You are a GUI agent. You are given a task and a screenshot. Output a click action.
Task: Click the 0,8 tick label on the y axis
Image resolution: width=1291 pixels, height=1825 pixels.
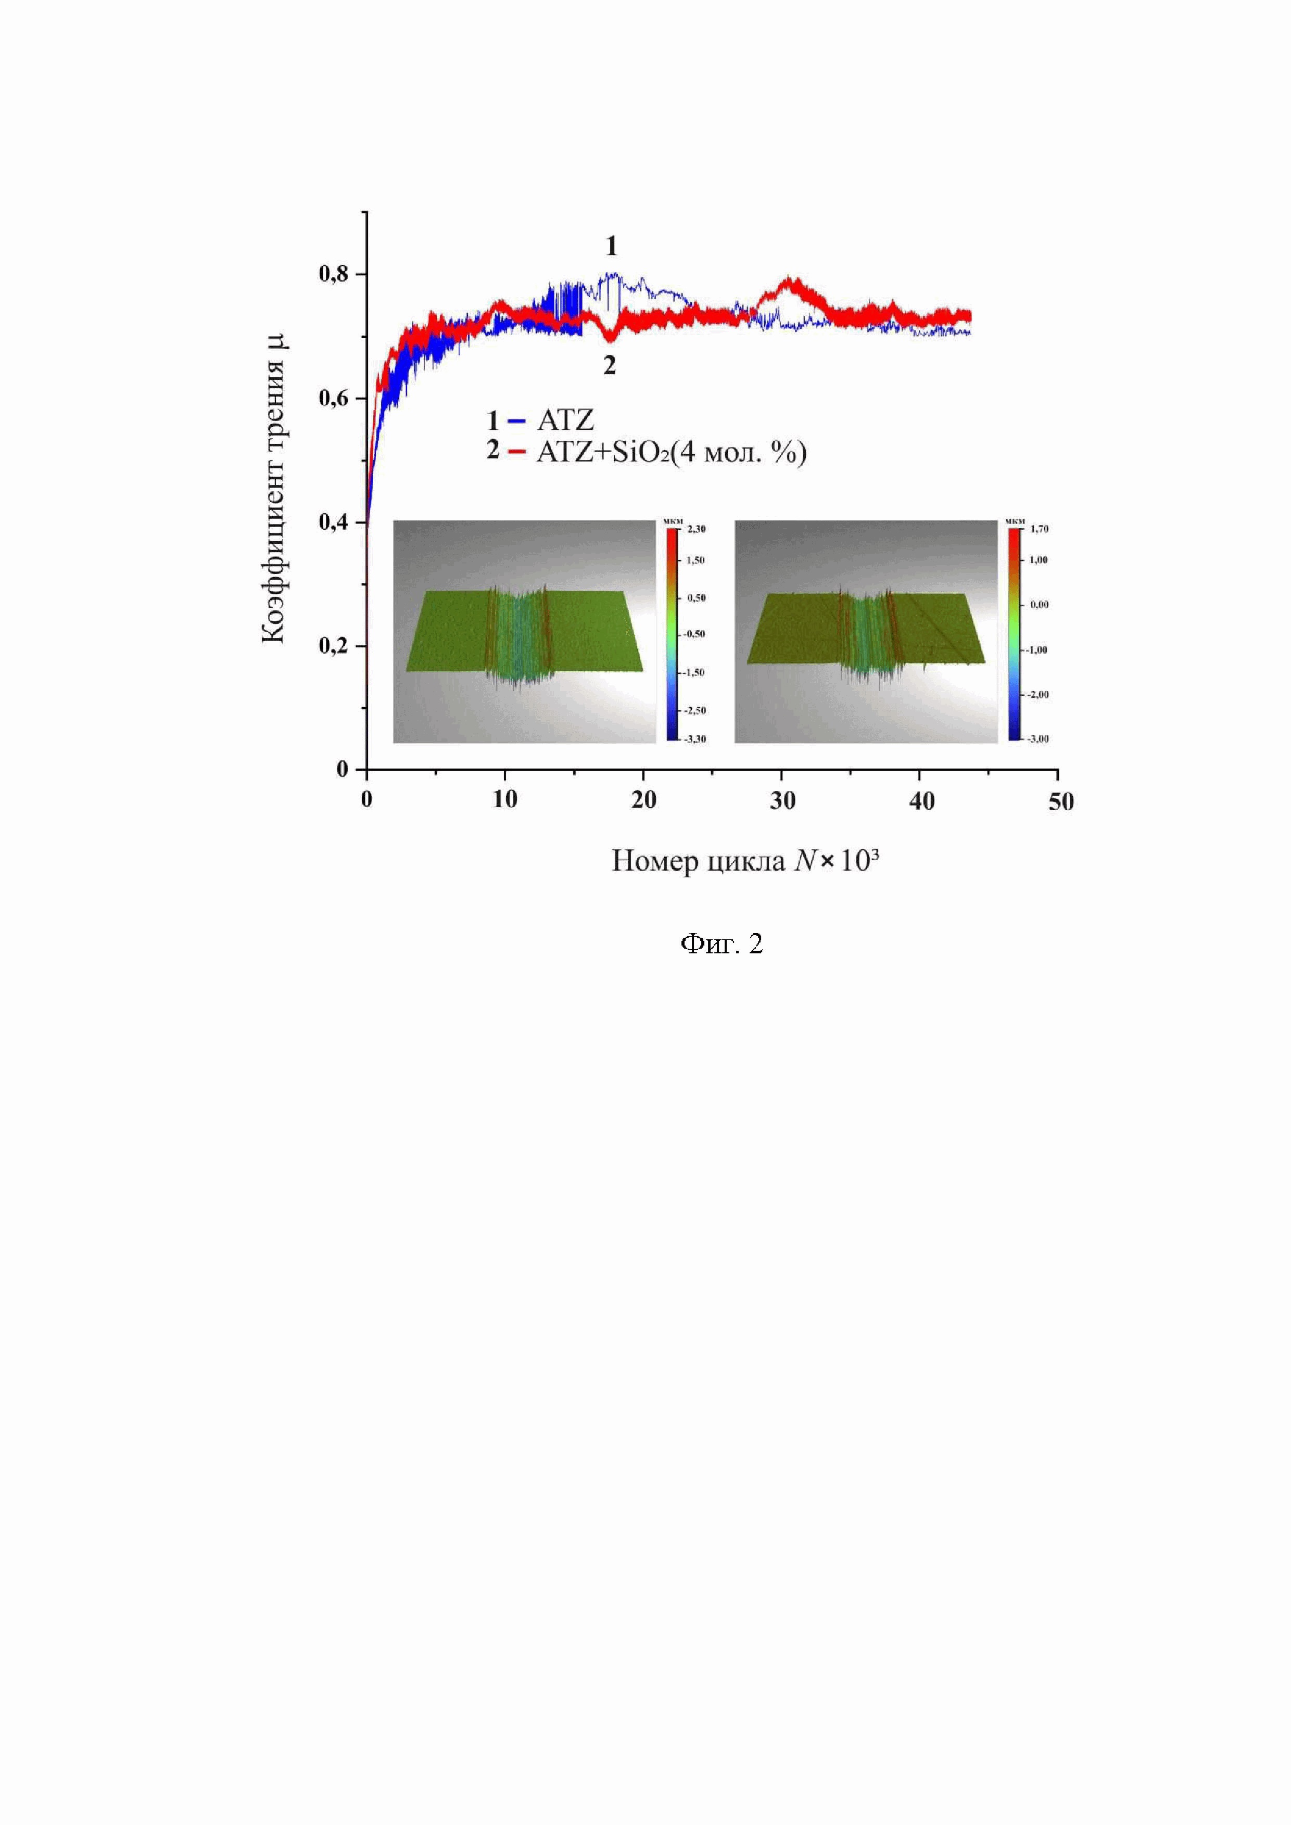pyautogui.click(x=333, y=274)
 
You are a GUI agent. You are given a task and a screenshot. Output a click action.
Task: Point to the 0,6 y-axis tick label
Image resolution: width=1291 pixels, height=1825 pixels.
pyautogui.click(x=333, y=398)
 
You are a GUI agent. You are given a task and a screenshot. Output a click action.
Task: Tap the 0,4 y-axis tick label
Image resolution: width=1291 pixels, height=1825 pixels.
pyautogui.click(x=333, y=522)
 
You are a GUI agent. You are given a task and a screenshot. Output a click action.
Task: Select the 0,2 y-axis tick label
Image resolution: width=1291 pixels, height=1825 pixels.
pyautogui.click(x=333, y=645)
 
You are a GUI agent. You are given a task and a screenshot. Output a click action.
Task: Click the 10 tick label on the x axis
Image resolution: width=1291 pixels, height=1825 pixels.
pyautogui.click(x=505, y=800)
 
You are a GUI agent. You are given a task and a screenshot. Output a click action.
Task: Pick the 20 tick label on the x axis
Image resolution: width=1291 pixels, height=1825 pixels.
pyautogui.click(x=644, y=800)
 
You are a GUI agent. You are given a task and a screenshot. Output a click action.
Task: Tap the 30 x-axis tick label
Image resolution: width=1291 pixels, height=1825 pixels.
pyautogui.click(x=783, y=800)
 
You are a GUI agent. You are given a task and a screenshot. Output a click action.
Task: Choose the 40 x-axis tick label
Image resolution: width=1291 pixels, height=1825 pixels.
pyautogui.click(x=922, y=800)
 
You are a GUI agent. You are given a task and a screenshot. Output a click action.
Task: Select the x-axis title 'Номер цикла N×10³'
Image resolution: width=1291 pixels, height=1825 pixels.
pyautogui.click(x=745, y=861)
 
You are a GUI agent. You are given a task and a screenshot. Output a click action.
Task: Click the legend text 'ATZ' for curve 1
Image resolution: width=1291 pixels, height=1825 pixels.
pyautogui.click(x=565, y=419)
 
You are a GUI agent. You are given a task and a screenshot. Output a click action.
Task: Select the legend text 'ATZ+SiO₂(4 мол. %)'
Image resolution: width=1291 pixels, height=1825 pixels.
pyautogui.click(x=672, y=452)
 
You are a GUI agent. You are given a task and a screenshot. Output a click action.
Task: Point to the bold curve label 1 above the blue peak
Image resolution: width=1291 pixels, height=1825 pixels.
pyautogui.click(x=611, y=247)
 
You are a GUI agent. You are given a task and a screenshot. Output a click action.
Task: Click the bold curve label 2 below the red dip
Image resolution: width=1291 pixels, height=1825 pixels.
pyautogui.click(x=609, y=366)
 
